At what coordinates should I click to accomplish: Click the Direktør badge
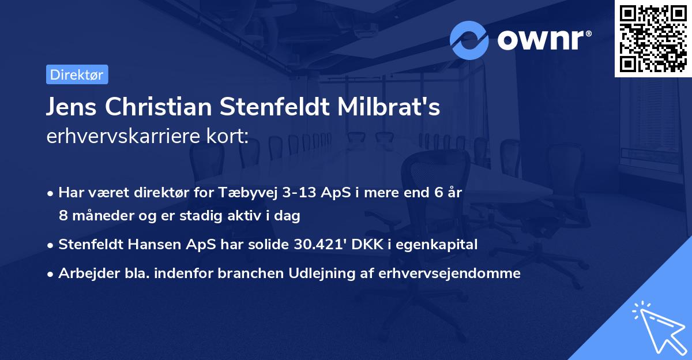tap(77, 74)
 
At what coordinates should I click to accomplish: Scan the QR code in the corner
tap(653, 38)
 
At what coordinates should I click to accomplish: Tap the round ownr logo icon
tap(469, 40)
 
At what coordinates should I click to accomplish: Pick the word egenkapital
tap(443, 245)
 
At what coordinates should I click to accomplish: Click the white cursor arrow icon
tap(660, 328)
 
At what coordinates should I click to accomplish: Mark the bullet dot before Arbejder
tap(51, 274)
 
